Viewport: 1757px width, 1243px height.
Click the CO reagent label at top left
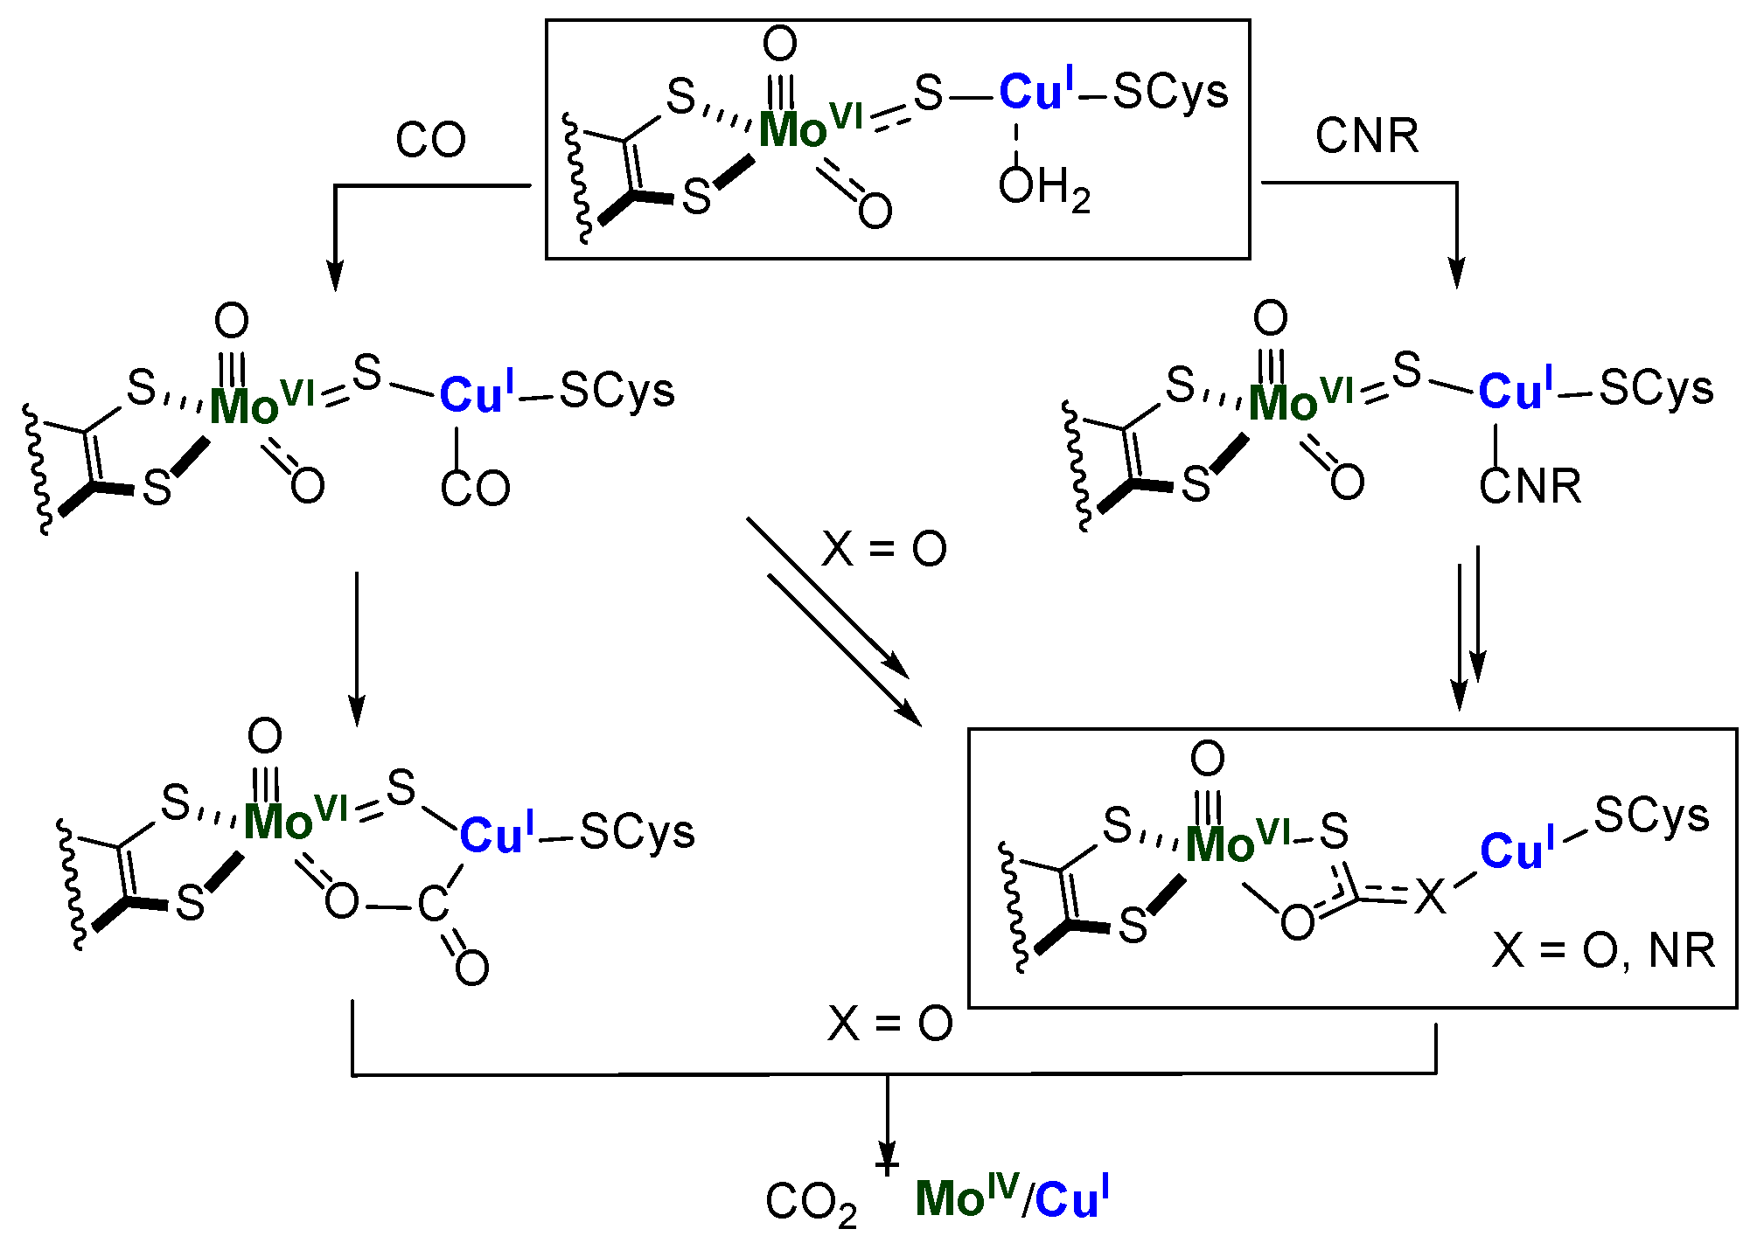point(430,140)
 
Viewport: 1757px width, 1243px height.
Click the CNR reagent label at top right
point(1367,136)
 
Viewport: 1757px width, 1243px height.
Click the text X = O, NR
point(1602,951)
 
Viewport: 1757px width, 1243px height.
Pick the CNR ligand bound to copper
point(1530,486)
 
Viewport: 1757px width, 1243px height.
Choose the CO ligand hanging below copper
point(475,488)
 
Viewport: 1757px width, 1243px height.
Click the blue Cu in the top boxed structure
point(1031,92)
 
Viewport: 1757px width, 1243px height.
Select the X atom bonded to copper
point(1430,897)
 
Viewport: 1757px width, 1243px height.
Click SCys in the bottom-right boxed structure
point(1651,816)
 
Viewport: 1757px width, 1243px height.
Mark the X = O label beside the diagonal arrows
point(884,550)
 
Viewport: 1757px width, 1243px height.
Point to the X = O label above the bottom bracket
point(889,1024)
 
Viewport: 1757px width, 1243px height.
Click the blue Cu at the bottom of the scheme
point(1067,1199)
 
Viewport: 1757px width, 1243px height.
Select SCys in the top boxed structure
point(1171,92)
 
